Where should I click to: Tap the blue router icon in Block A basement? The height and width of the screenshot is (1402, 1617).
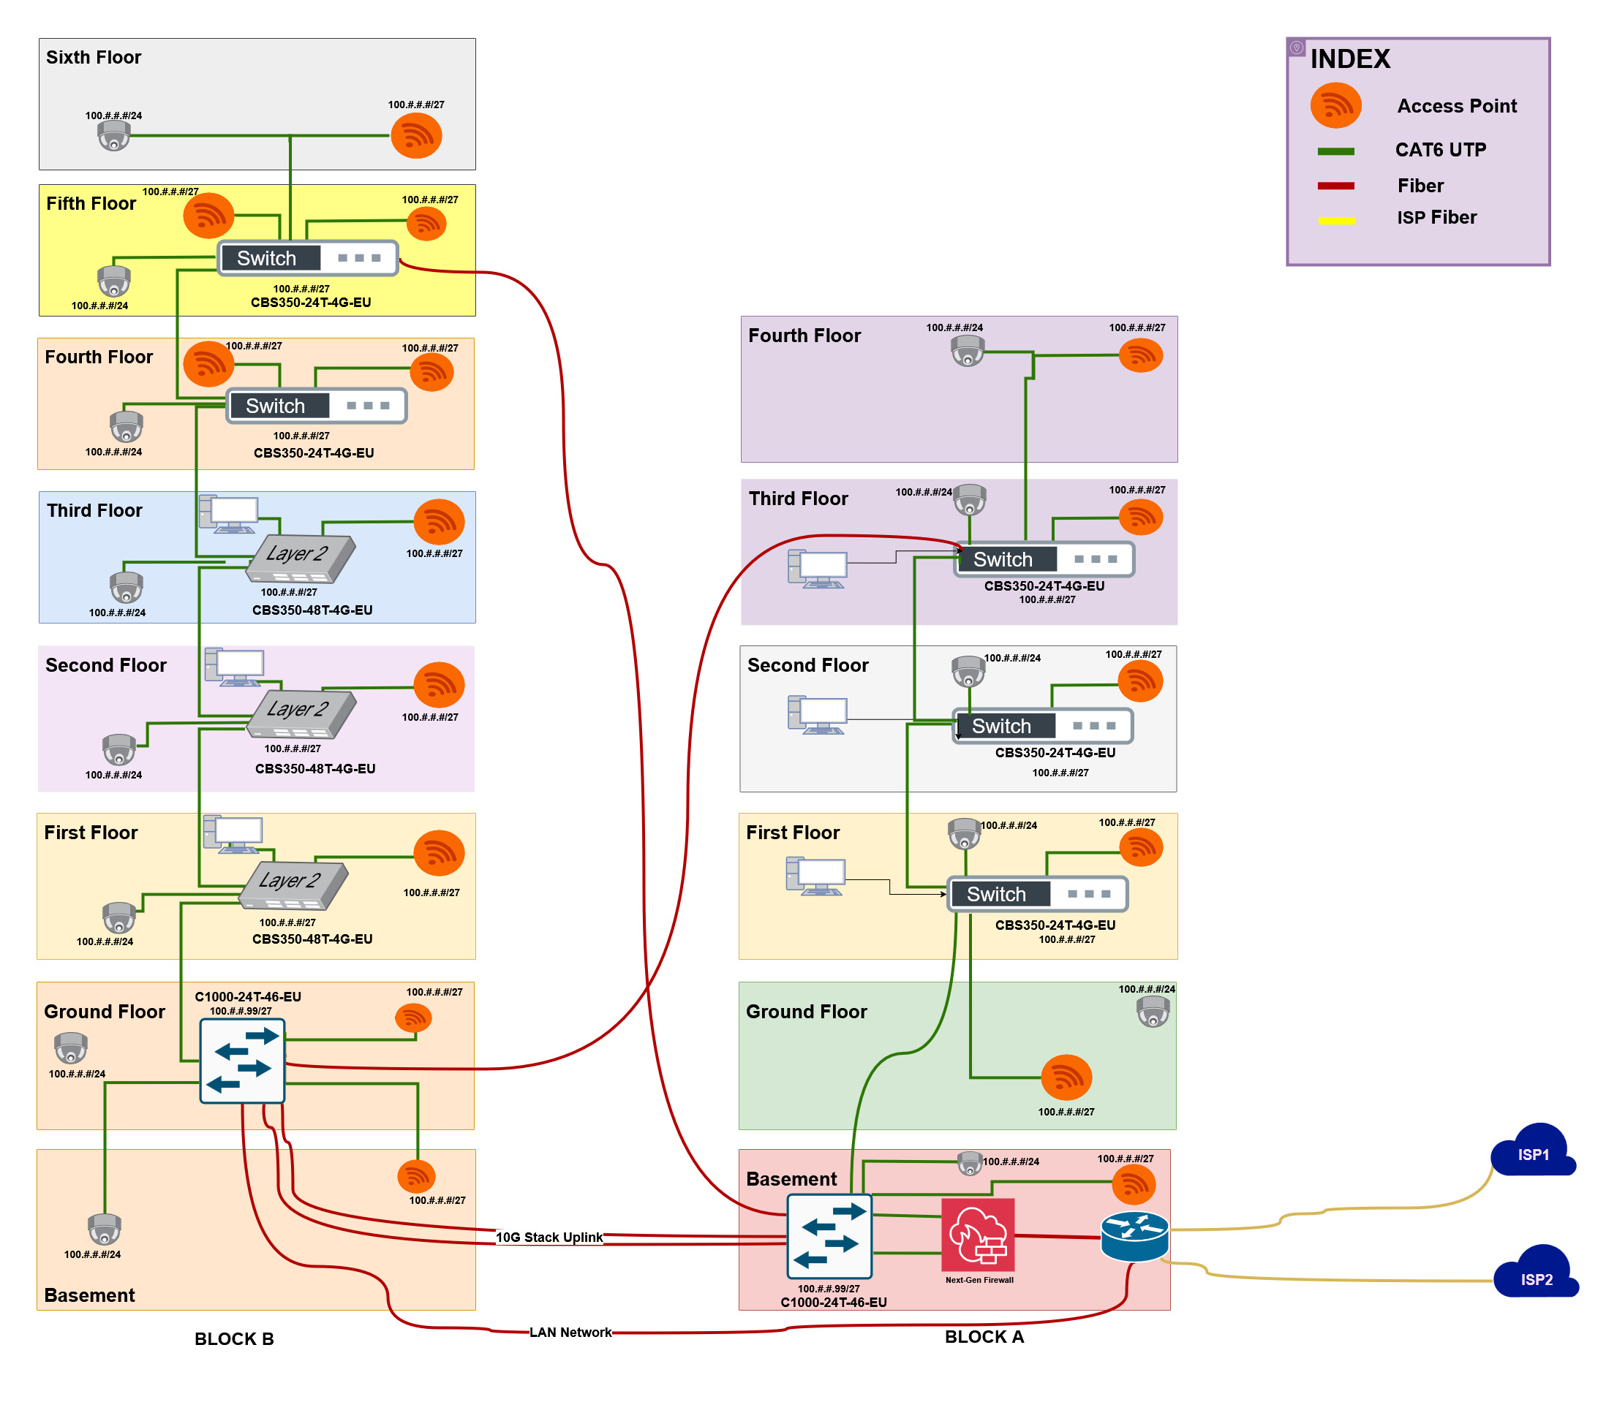[x=1134, y=1235]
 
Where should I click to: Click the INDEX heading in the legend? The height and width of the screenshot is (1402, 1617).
[x=1350, y=59]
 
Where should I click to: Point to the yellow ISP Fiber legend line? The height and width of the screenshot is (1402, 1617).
[x=1336, y=221]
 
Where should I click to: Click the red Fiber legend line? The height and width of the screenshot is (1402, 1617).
[x=1336, y=186]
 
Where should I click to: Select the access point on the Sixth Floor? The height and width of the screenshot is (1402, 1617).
[x=416, y=135]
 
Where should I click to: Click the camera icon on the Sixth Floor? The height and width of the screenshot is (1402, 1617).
[x=114, y=135]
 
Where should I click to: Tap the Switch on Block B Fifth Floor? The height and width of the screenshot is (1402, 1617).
[x=308, y=258]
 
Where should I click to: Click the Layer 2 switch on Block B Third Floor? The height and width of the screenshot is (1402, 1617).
[x=301, y=558]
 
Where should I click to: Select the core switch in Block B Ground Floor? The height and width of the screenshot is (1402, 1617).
[x=242, y=1061]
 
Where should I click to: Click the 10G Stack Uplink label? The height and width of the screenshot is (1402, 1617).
[x=549, y=1237]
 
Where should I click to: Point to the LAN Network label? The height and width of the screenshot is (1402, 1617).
[x=570, y=1333]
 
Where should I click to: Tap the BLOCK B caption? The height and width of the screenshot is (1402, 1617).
[x=234, y=1338]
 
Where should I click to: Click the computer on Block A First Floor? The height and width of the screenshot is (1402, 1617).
[x=815, y=876]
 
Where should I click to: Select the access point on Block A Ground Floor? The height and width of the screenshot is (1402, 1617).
[x=1066, y=1077]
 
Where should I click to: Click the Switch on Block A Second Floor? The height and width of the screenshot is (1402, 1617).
[x=1041, y=726]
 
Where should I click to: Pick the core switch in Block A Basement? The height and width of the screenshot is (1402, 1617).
[x=829, y=1236]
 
